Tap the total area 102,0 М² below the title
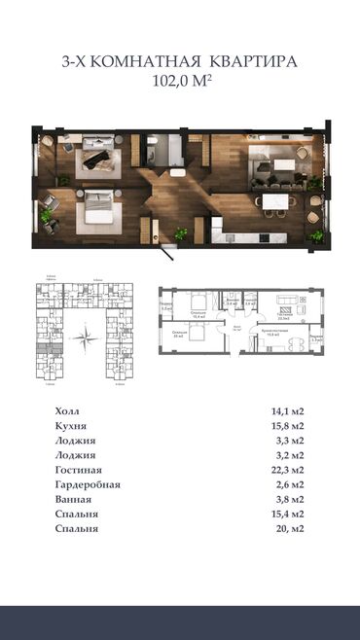click(180, 81)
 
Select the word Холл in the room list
click(70, 410)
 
